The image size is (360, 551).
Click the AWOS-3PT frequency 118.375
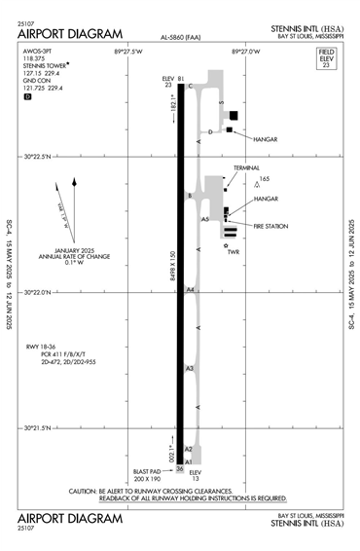click(33, 57)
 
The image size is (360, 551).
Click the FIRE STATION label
click(271, 225)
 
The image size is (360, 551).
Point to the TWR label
click(233, 252)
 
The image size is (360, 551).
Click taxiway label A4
click(192, 289)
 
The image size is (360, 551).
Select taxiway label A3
click(191, 368)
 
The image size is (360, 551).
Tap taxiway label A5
click(205, 220)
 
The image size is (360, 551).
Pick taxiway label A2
click(191, 449)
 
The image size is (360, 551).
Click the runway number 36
click(180, 468)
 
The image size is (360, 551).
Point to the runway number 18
click(180, 87)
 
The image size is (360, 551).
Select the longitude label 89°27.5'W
click(127, 50)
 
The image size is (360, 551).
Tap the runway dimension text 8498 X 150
click(172, 258)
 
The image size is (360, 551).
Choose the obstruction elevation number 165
click(264, 179)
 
